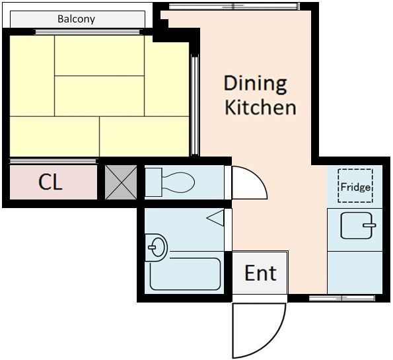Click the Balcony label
click(x=76, y=19)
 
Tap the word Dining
click(x=255, y=85)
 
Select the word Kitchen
click(x=260, y=107)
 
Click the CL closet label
click(x=50, y=182)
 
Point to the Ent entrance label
click(x=260, y=273)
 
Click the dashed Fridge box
click(x=355, y=186)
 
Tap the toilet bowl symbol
click(x=178, y=182)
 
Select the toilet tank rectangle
click(x=153, y=182)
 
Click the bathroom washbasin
click(x=157, y=248)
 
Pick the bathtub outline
click(x=185, y=273)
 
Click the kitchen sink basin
click(x=356, y=226)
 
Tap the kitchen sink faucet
click(x=369, y=225)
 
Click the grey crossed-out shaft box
click(x=121, y=182)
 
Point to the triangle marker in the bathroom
click(x=215, y=218)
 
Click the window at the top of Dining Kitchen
click(x=234, y=6)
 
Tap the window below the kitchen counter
click(x=342, y=298)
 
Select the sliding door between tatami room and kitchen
click(x=195, y=105)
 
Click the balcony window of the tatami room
click(x=87, y=32)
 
